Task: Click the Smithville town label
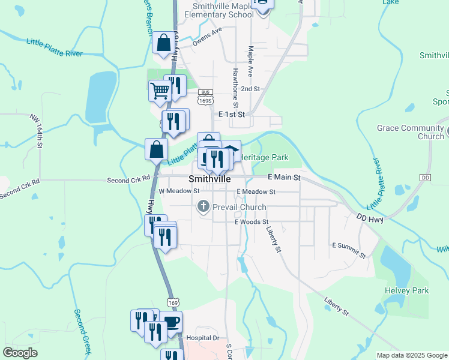pos(209,179)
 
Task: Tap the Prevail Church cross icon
pos(203,207)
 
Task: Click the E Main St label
pos(283,178)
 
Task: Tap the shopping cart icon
pos(160,91)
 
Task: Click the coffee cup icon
pos(170,322)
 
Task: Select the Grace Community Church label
pos(410,132)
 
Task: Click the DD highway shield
pos(426,178)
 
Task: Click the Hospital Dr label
pos(203,338)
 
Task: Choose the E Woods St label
pos(252,222)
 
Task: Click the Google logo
pos(20,353)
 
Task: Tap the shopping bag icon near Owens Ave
pos(163,43)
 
